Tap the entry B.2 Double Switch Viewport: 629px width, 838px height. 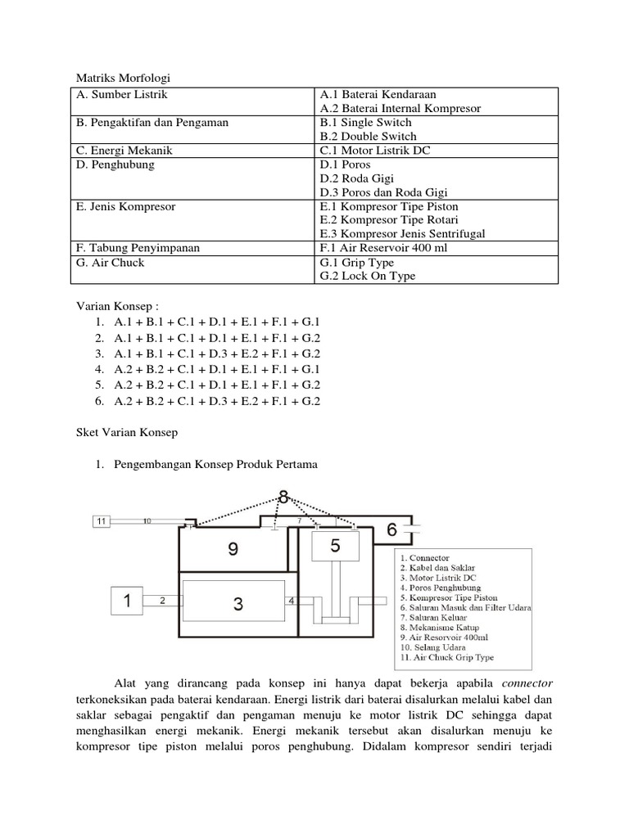(x=368, y=137)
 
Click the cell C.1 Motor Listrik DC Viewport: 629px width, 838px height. (x=375, y=151)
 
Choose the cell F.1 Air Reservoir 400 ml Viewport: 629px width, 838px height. (x=383, y=248)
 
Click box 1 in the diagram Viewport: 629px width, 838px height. (x=128, y=601)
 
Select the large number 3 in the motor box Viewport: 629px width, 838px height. (x=238, y=604)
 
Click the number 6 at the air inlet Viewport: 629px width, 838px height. (x=391, y=529)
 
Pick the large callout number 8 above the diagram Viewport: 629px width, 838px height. (x=283, y=496)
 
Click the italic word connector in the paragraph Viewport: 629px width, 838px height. (x=527, y=683)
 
